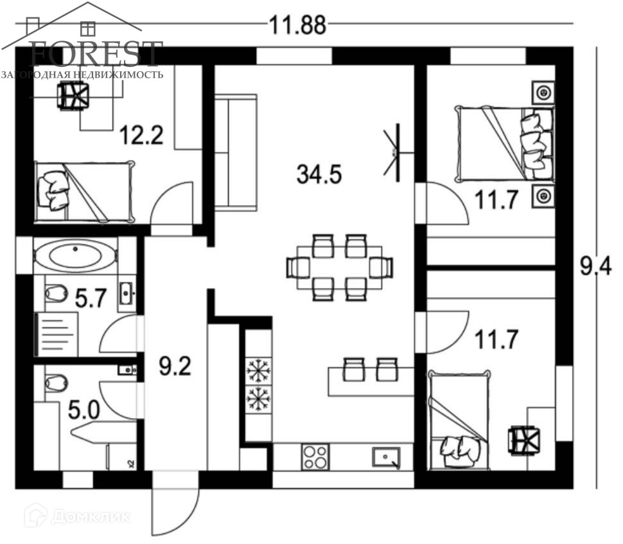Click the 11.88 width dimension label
click(x=297, y=26)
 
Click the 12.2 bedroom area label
click(x=142, y=136)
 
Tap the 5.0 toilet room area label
click(x=83, y=410)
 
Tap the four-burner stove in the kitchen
click(x=314, y=456)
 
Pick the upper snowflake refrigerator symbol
click(x=259, y=371)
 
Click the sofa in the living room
click(x=235, y=152)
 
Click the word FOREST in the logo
click(x=96, y=53)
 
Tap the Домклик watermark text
click(x=78, y=515)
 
